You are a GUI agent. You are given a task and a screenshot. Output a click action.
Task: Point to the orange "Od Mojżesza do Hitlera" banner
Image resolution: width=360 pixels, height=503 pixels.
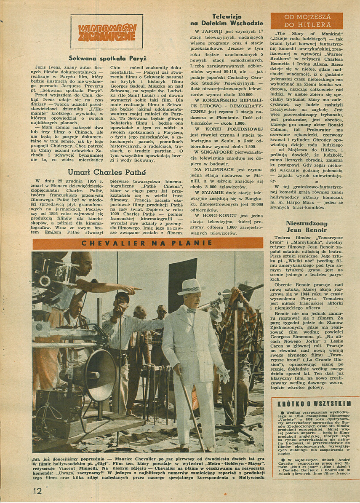click(307, 21)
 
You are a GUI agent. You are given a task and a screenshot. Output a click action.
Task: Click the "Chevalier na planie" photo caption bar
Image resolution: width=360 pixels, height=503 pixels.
click(148, 243)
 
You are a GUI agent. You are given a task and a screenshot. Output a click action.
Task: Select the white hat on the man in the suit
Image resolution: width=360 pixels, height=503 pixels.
click(189, 286)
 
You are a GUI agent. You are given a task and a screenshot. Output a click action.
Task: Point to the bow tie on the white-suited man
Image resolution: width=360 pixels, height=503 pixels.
click(191, 311)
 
